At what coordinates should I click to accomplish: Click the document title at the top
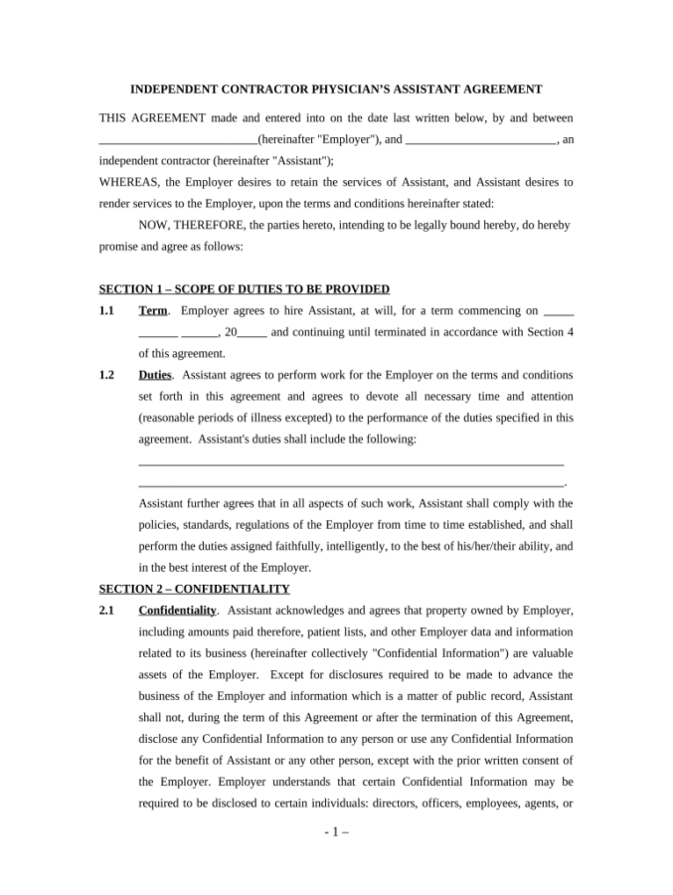[337, 89]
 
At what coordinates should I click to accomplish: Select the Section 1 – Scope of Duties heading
[244, 289]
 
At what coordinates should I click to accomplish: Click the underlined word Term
[153, 311]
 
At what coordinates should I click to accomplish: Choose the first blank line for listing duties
[351, 460]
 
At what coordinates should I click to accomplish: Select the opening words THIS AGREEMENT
[151, 118]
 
